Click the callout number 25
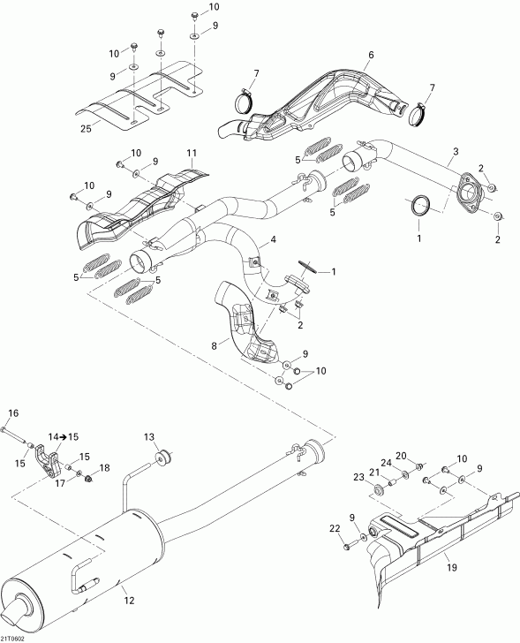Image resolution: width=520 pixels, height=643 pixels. coord(85,129)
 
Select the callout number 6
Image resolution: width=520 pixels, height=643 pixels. coord(371,56)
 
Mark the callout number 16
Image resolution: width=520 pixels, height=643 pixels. coord(13,413)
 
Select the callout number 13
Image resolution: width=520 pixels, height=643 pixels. coord(149,436)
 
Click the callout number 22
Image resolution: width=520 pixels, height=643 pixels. coord(335,529)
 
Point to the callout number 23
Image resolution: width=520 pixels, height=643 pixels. coord(359,477)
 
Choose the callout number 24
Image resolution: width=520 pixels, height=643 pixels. coord(385,462)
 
